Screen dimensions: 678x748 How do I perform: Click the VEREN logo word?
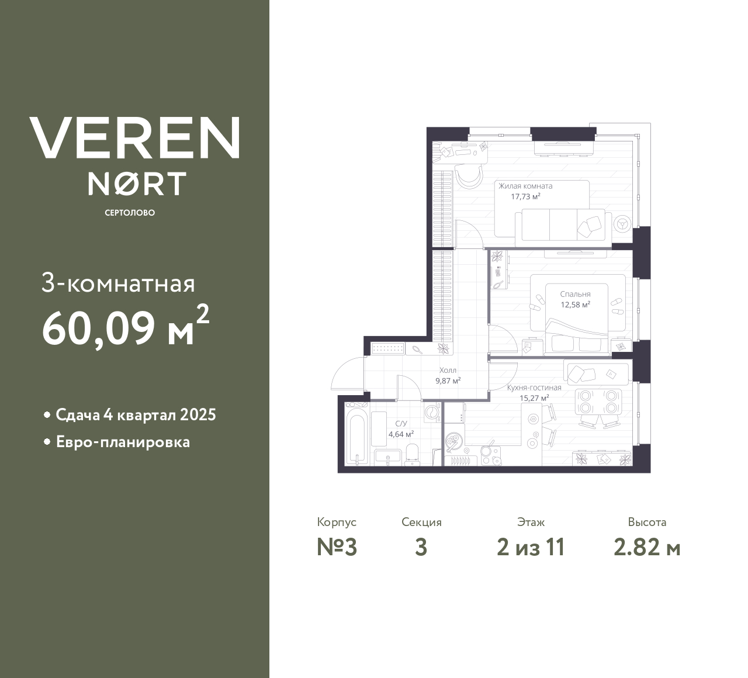(134, 137)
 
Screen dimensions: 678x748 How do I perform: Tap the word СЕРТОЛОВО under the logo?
(130, 213)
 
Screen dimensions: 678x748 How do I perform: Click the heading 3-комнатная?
(119, 284)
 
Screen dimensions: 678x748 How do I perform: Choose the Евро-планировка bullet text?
(123, 442)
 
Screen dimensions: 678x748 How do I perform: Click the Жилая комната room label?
(525, 186)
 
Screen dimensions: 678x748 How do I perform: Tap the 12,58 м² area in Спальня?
(575, 305)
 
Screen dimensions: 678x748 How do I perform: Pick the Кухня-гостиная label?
(534, 388)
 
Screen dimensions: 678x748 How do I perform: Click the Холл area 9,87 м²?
(448, 380)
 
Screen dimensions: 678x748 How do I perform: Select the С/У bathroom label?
(401, 424)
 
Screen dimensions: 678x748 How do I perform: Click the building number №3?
(337, 548)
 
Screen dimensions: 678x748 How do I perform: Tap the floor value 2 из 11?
(531, 548)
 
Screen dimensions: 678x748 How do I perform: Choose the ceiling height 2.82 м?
(647, 548)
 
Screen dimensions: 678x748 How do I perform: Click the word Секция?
(421, 523)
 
